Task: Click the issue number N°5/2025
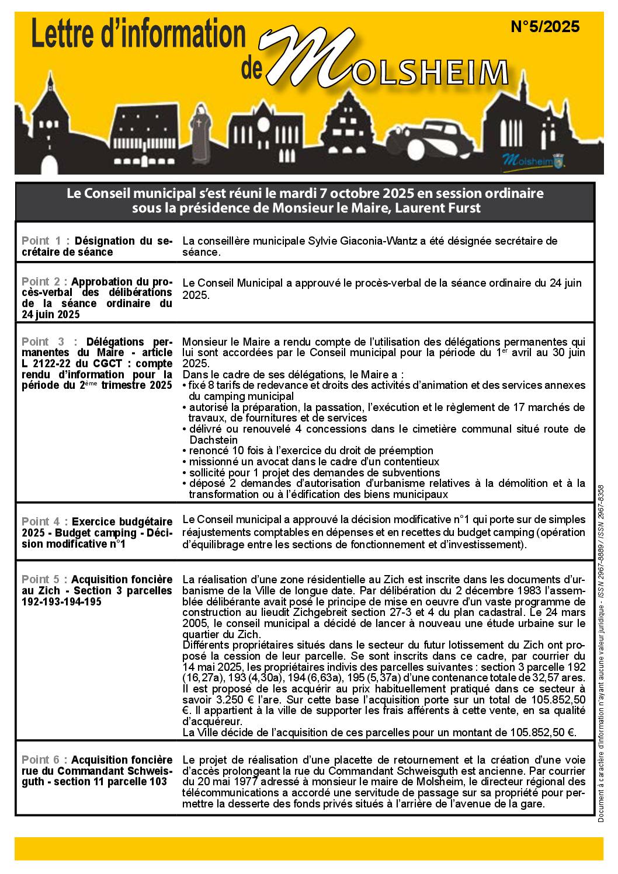(x=544, y=27)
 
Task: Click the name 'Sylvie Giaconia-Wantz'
(x=356, y=241)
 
